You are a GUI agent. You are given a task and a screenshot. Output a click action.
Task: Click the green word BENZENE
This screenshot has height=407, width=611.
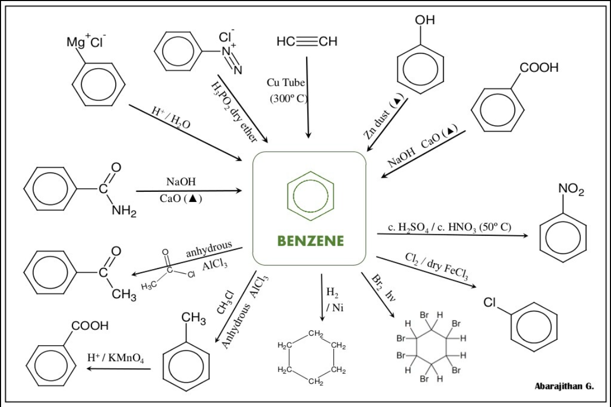310,242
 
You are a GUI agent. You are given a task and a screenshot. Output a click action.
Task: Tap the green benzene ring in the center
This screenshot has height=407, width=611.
310,196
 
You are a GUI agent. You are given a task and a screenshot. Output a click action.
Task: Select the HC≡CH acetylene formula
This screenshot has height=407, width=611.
307,42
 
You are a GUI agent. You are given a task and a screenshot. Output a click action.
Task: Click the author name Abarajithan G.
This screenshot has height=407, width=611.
564,386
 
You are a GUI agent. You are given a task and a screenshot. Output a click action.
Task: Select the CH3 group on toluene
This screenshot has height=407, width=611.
193,318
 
